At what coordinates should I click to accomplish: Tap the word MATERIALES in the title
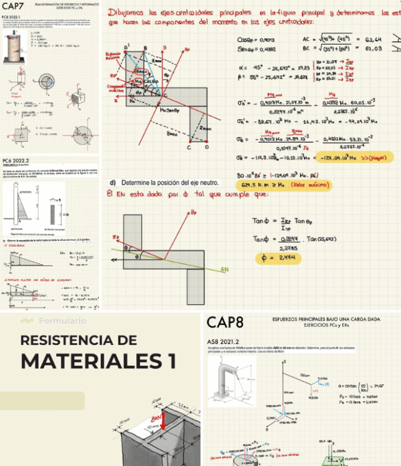point(86,361)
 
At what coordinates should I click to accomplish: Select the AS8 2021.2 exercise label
point(223,342)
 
